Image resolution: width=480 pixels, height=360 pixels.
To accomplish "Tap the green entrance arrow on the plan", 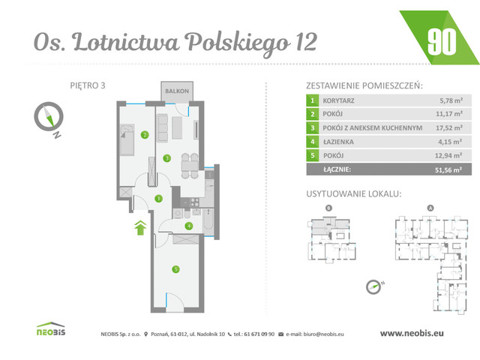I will coord(139,227).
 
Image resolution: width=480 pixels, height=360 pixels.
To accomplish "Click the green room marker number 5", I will coord(174,269).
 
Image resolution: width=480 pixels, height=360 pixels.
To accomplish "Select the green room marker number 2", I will coord(144,136).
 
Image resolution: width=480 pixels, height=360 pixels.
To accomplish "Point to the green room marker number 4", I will coord(189,225).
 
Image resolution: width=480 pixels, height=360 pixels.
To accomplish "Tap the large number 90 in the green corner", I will coord(442,41).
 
